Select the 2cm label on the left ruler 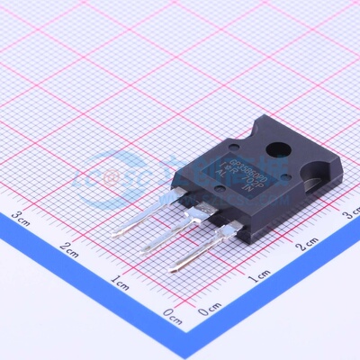tap(69, 247)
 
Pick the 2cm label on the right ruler tap(309, 244)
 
